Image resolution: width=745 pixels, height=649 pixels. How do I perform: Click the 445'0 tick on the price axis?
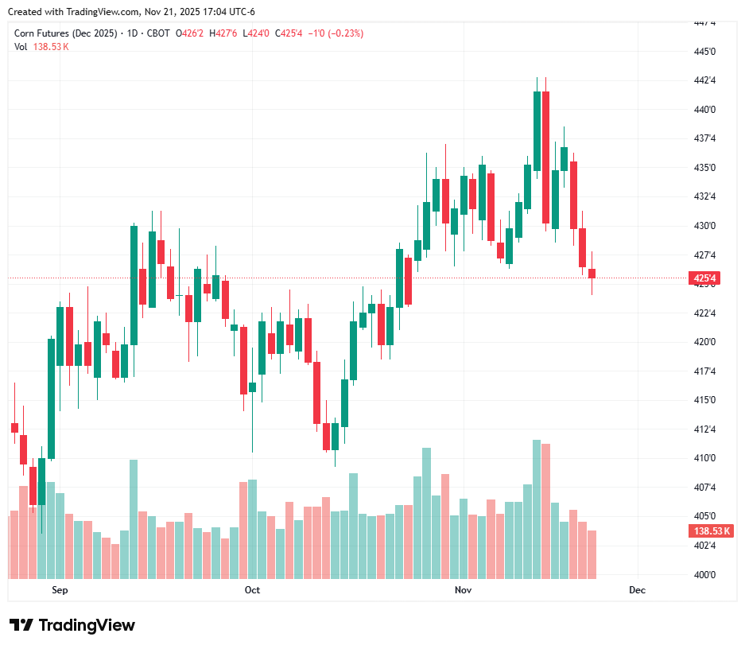pos(705,52)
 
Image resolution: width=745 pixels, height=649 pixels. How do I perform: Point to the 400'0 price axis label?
pos(705,574)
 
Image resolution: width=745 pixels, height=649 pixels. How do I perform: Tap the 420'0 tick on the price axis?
pos(705,342)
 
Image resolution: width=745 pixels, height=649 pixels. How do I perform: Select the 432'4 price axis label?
pos(705,196)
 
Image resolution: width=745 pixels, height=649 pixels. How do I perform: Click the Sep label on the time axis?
pos(60,590)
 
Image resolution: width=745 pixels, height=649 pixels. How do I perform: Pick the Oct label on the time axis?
pos(252,590)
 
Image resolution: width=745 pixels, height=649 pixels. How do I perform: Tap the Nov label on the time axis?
pos(463,590)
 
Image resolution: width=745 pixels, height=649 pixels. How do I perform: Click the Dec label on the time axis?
pos(637,590)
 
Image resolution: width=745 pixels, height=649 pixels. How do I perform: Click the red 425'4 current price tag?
pos(705,278)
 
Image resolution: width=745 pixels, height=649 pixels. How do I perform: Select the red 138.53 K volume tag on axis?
pos(712,531)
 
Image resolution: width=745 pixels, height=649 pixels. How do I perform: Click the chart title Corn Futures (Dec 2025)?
pos(65,33)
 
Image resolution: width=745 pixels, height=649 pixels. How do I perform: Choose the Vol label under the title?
pos(21,47)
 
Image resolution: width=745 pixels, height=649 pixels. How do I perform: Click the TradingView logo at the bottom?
pos(72,625)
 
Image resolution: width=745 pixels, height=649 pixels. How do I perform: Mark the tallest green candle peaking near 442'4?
pos(537,131)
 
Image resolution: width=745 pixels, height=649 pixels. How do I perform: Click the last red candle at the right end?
pos(592,274)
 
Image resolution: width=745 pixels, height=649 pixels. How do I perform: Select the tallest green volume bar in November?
pos(537,509)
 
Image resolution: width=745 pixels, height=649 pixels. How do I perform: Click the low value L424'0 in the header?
pos(256,33)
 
